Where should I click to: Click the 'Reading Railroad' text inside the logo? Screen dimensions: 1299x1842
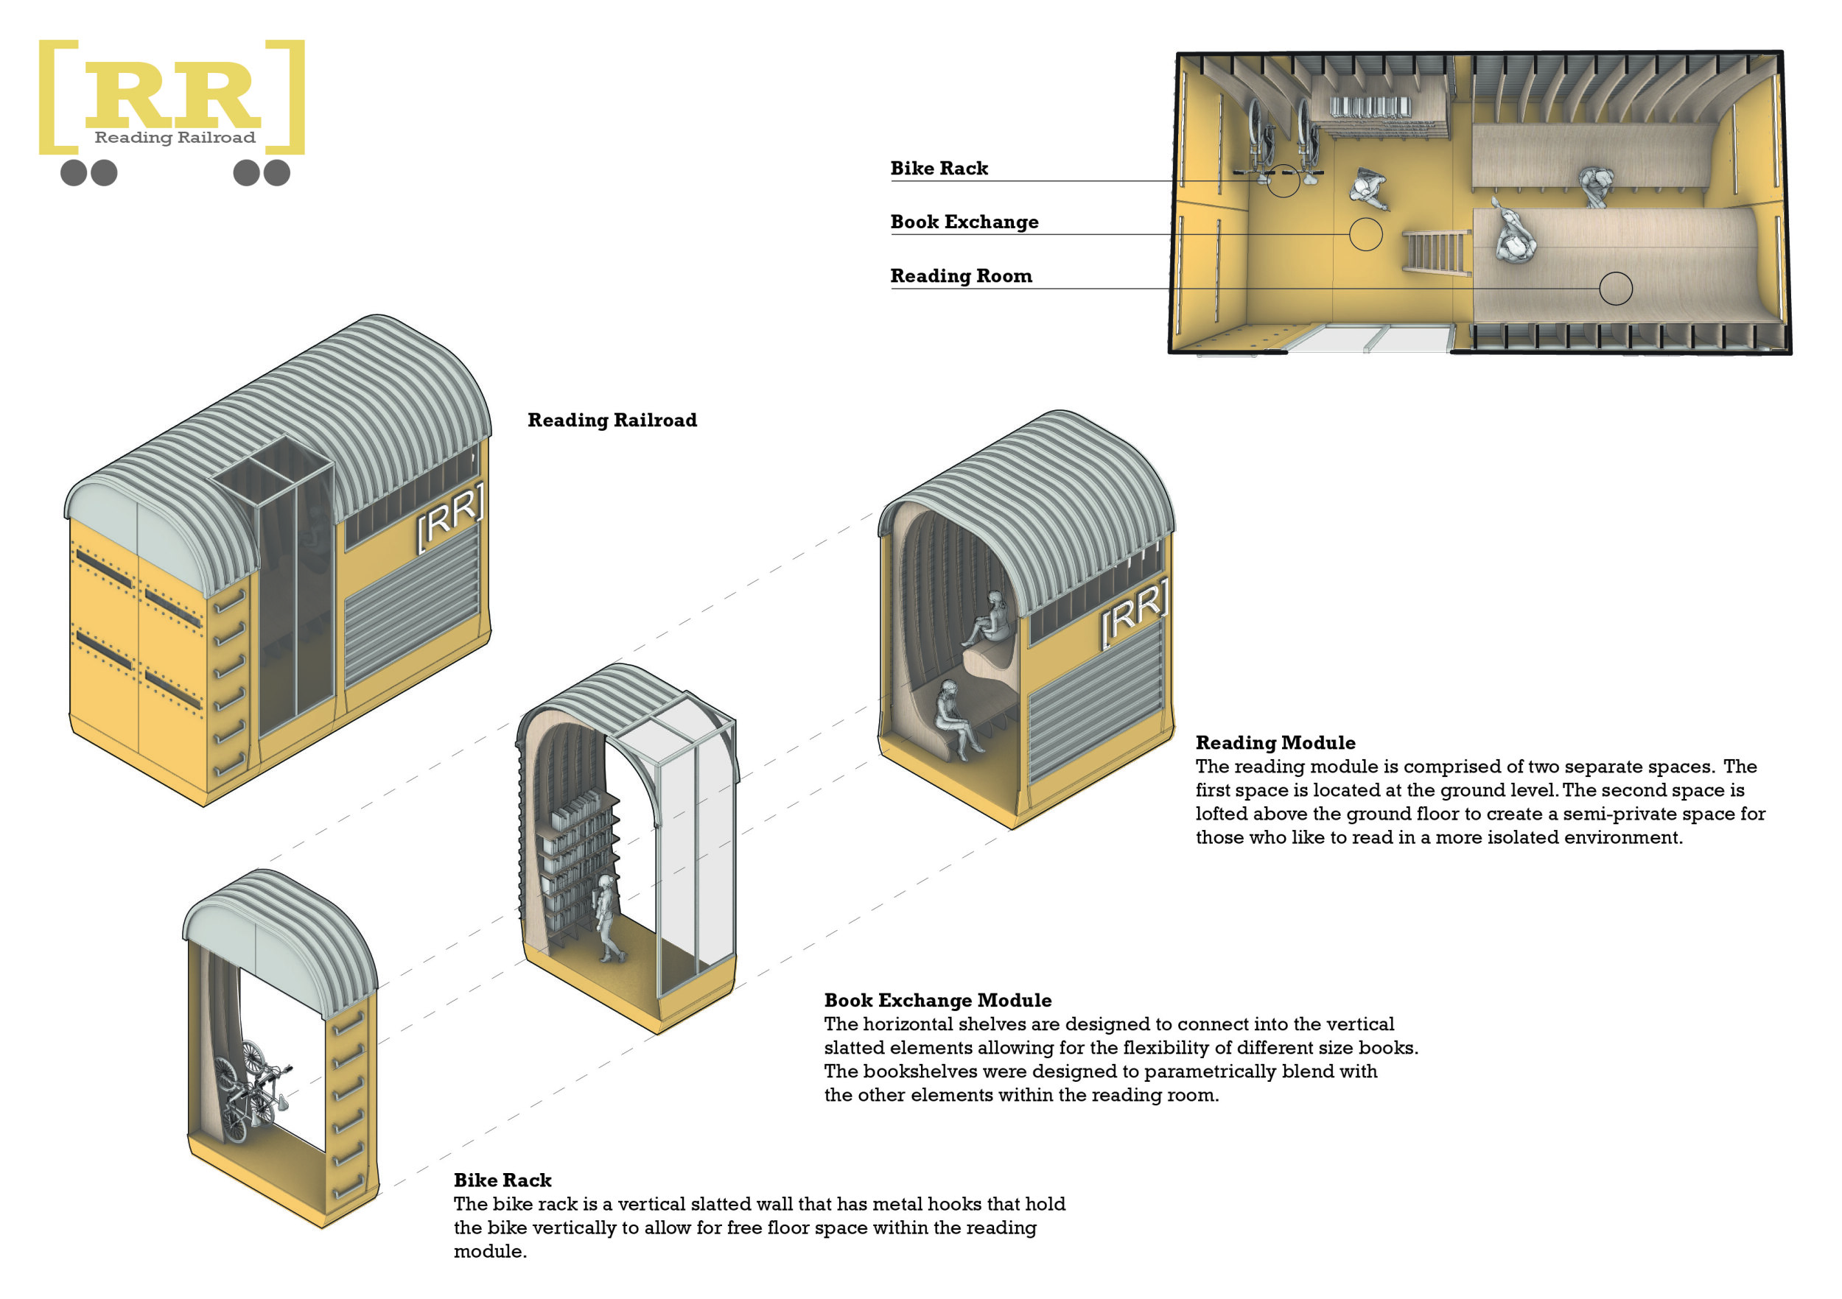pos(175,137)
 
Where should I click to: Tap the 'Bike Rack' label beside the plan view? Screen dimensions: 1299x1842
pos(939,169)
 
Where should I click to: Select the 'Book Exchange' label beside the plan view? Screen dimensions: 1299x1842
pos(964,222)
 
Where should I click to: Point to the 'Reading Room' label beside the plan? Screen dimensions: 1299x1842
pos(960,276)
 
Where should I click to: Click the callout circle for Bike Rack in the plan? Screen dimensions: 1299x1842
pos(1282,180)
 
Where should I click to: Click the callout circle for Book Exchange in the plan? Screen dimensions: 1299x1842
pos(1365,234)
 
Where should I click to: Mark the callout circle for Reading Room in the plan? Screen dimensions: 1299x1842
pos(1615,288)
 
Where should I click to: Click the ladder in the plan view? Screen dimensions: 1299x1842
pos(1436,251)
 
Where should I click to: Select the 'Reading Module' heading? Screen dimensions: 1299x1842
pos(1275,742)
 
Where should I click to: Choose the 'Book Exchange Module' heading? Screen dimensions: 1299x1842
pos(937,1000)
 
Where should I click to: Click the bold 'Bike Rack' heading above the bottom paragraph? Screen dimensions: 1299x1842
pos(502,1180)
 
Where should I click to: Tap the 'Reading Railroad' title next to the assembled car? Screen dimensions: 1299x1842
pos(612,420)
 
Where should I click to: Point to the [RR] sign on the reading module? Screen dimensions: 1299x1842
pos(1134,613)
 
